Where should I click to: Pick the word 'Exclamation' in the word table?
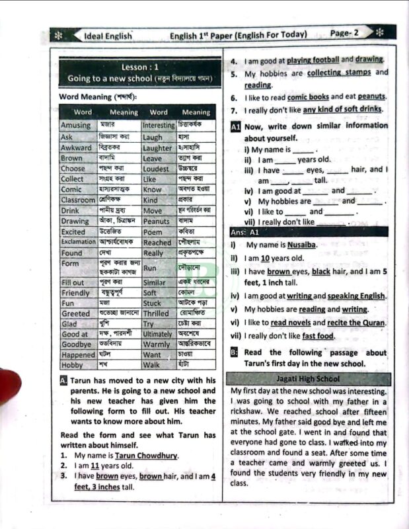click(78, 243)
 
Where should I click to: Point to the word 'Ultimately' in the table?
click(157, 335)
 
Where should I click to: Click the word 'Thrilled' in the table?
click(156, 313)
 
